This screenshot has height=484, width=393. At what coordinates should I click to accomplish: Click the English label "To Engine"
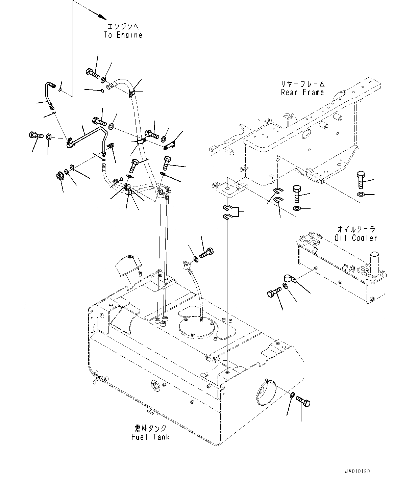point(123,35)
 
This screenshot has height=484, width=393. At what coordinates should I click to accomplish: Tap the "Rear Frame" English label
point(302,93)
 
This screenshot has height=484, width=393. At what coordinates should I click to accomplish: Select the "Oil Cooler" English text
point(355,238)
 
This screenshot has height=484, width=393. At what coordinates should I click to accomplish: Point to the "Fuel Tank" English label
point(150,437)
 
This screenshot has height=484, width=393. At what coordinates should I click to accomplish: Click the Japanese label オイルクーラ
point(356,229)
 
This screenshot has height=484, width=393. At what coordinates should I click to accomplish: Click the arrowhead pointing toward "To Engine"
point(101,16)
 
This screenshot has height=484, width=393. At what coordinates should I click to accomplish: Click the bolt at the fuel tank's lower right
point(303,402)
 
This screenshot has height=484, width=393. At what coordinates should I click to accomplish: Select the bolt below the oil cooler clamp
point(274,292)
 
